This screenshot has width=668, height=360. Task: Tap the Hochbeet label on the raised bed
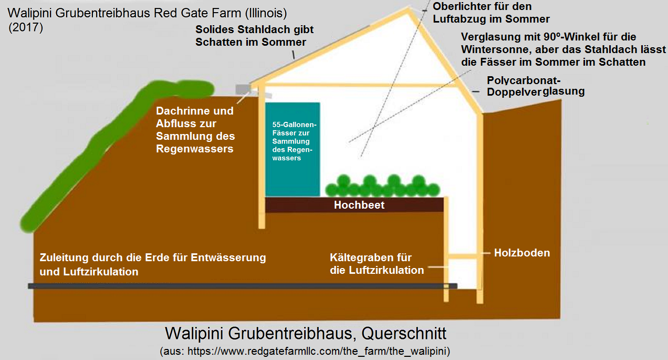pyautogui.click(x=359, y=205)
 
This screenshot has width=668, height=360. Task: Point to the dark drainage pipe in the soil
pyautogui.click(x=242, y=286)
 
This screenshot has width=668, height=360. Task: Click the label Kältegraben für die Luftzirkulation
pyautogui.click(x=377, y=264)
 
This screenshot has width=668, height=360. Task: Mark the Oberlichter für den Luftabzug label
pyautogui.click(x=490, y=13)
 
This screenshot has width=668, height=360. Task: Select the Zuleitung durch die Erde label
pyautogui.click(x=153, y=264)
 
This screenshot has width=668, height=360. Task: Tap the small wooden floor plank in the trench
pyautogui.click(x=463, y=256)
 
